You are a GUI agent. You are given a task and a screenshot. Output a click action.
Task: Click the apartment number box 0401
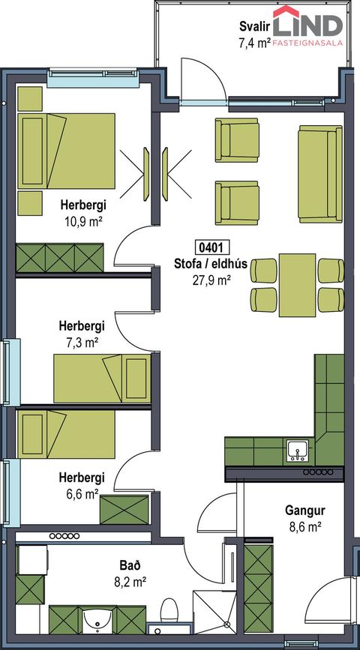point(211,247)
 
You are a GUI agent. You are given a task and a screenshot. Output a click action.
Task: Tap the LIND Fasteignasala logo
point(307,25)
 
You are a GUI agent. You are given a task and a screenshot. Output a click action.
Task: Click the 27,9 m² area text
point(211,280)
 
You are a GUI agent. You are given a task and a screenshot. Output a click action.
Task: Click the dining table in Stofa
point(297,285)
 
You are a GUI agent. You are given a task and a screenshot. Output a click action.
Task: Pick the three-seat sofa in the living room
point(320,174)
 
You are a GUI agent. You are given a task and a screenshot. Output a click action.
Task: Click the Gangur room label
point(304,510)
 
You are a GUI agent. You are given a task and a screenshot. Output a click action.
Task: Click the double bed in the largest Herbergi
point(66,151)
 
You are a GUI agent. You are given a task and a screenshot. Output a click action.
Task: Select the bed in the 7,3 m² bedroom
point(102,378)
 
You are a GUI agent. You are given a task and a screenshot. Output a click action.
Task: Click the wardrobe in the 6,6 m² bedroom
point(124,510)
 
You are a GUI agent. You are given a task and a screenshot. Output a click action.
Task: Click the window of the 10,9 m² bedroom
point(92,77)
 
